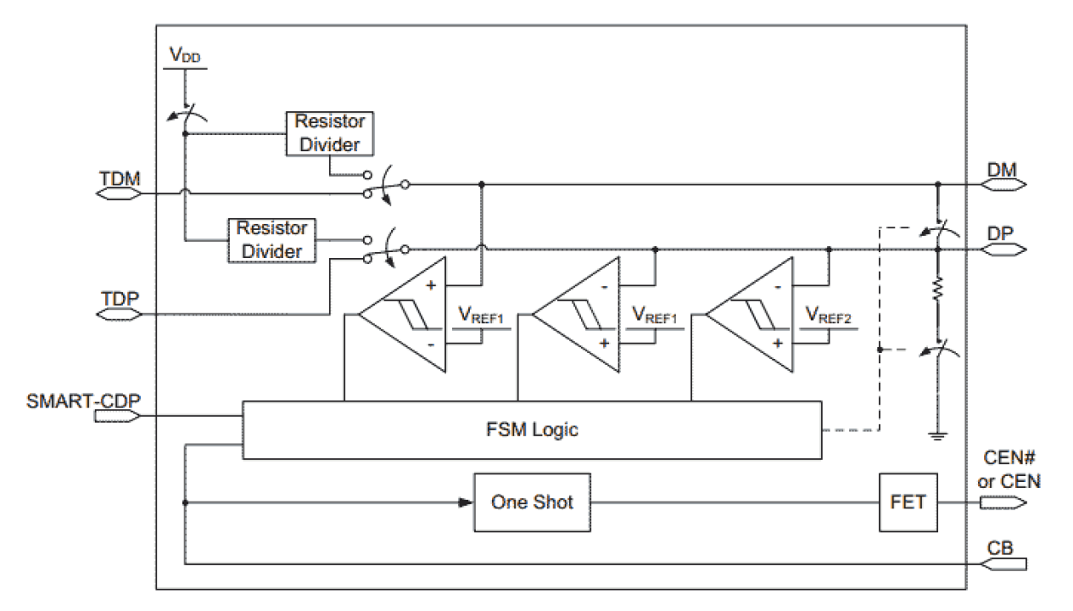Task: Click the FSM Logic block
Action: pyautogui.click(x=531, y=429)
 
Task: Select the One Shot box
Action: pyautogui.click(x=531, y=502)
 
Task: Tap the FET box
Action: pyautogui.click(x=907, y=502)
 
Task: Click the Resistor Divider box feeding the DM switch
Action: pyautogui.click(x=329, y=133)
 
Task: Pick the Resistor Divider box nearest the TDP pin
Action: pyautogui.click(x=270, y=240)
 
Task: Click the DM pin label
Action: pyautogui.click(x=1001, y=170)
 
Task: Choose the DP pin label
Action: pyautogui.click(x=1001, y=233)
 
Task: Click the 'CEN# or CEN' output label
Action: pyautogui.click(x=1008, y=473)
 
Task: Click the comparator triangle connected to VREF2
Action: pyautogui.click(x=750, y=314)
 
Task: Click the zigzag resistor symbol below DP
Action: pyautogui.click(x=937, y=291)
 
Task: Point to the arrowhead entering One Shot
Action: pyautogui.click(x=466, y=502)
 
